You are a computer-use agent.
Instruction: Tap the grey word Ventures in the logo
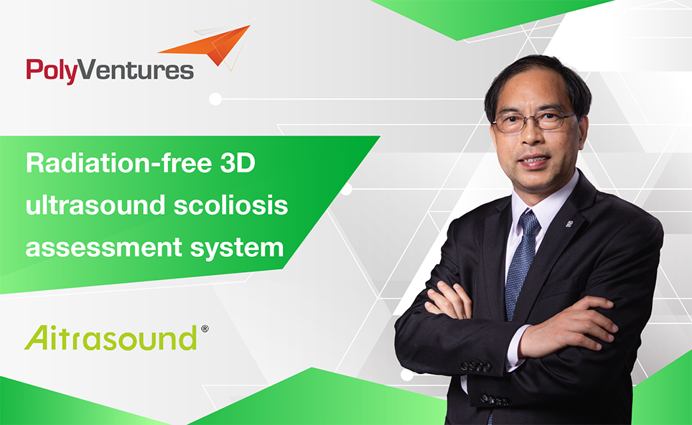click(136, 70)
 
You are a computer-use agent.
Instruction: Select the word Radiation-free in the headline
click(119, 163)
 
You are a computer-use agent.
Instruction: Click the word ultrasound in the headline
click(95, 205)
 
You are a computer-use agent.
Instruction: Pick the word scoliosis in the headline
click(231, 205)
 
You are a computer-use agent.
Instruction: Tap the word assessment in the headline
click(104, 247)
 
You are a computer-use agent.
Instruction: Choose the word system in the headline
click(237, 248)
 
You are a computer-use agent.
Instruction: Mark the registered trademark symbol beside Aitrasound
click(205, 329)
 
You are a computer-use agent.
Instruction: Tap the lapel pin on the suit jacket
click(569, 224)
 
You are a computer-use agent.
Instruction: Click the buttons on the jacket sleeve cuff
click(476, 367)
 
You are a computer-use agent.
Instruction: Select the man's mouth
click(535, 161)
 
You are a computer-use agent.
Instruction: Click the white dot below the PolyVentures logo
click(215, 99)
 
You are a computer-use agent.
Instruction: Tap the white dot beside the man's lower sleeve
click(407, 375)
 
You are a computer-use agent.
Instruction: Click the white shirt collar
click(543, 199)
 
